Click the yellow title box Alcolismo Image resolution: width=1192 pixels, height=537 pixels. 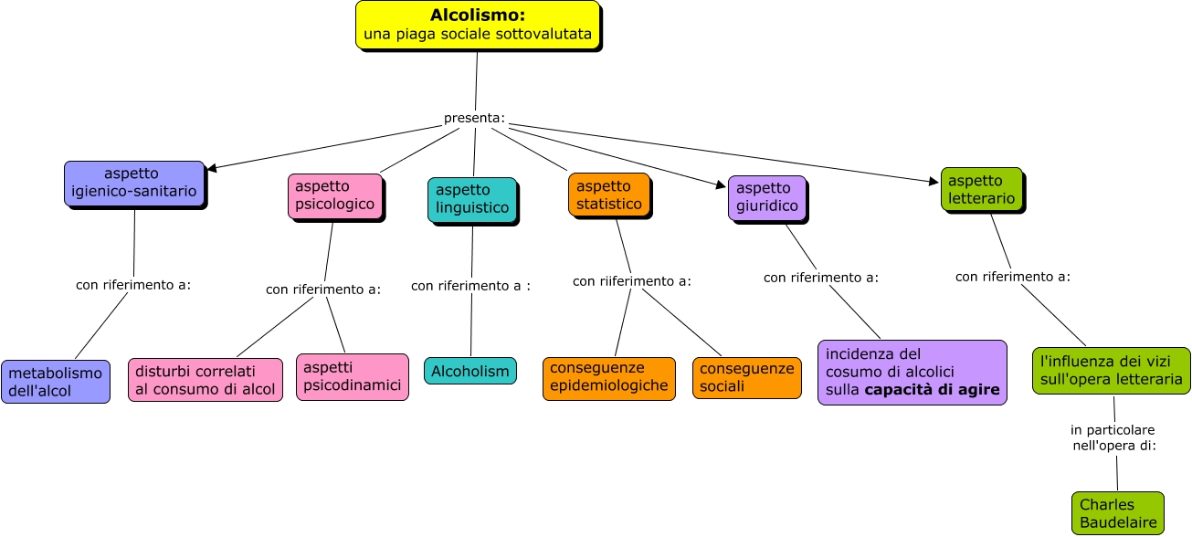coord(478,25)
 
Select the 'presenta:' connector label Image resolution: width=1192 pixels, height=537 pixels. coord(474,119)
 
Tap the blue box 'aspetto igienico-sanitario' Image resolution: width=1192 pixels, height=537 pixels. coord(134,184)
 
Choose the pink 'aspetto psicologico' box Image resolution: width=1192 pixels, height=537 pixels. coord(334,195)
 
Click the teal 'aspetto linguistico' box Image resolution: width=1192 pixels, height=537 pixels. coord(471,199)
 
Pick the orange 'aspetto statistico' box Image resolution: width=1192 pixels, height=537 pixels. coord(608,195)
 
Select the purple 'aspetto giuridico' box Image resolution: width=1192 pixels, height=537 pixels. coord(767,197)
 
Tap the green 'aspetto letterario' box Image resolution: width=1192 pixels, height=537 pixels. coord(981,189)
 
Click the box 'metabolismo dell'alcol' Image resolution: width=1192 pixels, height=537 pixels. coord(56,382)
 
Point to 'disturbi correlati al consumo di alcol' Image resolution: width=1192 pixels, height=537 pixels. coord(206,380)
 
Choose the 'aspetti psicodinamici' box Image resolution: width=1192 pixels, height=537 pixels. coord(352,376)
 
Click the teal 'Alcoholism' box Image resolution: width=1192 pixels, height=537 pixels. coord(469,371)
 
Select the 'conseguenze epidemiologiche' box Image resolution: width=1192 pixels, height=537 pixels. coord(609,378)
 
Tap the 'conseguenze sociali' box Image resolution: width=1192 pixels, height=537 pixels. coord(746,378)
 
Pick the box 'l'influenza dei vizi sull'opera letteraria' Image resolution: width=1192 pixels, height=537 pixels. coord(1111,370)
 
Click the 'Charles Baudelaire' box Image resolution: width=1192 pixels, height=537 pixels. coord(1117,513)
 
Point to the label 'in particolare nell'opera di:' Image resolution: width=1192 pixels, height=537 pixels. coord(1113,437)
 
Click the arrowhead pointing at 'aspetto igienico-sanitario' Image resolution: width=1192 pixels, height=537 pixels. coord(212,168)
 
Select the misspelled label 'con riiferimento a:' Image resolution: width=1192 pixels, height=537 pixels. coord(632,281)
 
